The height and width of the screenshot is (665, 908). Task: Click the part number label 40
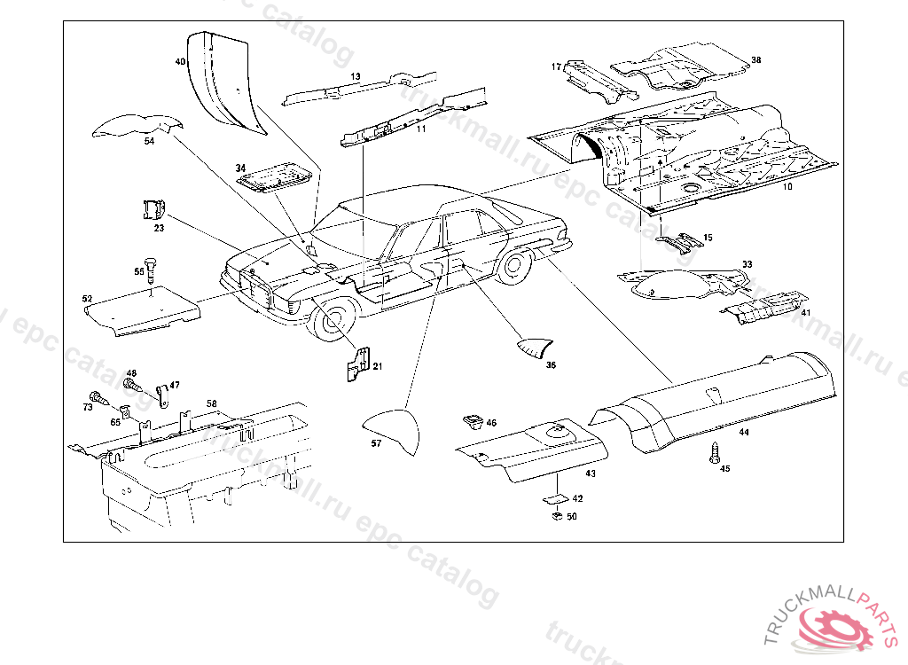tap(180, 62)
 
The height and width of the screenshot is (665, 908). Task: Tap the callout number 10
tap(787, 187)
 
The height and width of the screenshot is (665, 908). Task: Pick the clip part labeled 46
tap(472, 420)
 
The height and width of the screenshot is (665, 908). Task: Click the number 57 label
tap(376, 443)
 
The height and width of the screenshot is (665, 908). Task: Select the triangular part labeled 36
tap(536, 347)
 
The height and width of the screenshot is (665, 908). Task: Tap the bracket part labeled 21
tap(357, 364)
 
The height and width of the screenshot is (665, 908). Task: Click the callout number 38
tap(755, 60)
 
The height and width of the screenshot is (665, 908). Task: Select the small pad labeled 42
tap(558, 499)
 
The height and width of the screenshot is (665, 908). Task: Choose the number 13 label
tap(355, 77)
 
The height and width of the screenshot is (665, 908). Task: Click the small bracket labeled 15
tap(679, 242)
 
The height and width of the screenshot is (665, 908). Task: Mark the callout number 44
tap(743, 432)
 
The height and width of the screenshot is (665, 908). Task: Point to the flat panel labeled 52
tap(142, 312)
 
